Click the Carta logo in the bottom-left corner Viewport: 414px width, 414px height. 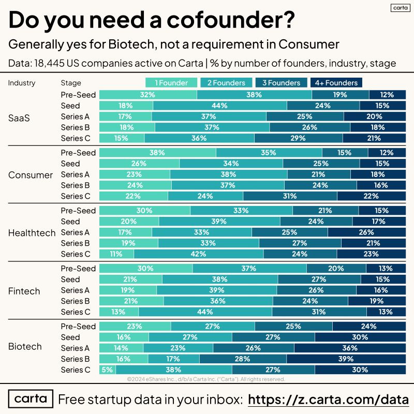tap(31, 399)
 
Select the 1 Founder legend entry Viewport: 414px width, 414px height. tap(171, 83)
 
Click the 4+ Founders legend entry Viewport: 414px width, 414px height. tap(337, 83)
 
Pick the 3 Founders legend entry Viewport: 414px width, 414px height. tap(281, 83)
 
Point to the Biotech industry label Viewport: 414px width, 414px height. tap(25, 346)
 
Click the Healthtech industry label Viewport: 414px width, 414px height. tap(32, 233)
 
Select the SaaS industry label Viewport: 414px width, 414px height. tap(19, 117)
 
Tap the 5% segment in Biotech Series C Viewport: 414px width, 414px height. tap(107, 369)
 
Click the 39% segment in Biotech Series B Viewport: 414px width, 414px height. tap(346, 359)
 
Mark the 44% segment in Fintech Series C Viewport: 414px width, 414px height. tap(205, 312)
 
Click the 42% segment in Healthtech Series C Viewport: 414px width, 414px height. tap(199, 254)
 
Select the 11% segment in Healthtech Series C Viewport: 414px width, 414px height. tap(116, 254)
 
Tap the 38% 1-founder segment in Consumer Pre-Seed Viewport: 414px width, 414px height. tap(157, 153)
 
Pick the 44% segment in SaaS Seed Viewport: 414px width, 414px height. tap(220, 106)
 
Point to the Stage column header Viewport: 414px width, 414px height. tap(71, 83)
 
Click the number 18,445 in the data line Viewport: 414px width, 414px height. tap(49, 63)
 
